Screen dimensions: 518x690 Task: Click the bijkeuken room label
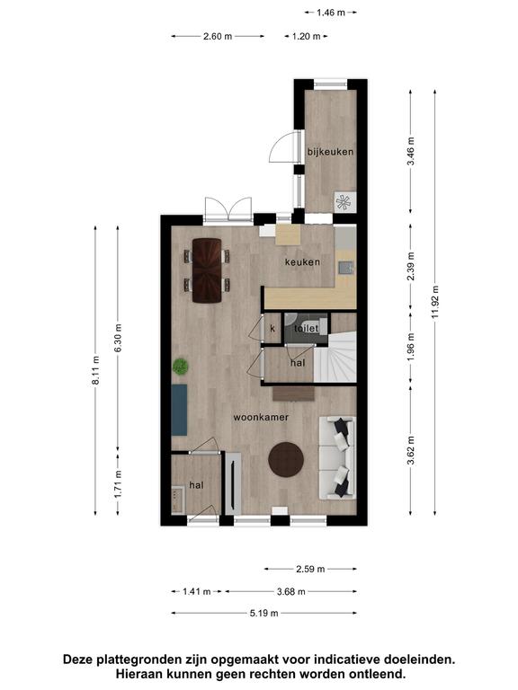coord(330,152)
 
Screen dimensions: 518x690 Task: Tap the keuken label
coord(302,262)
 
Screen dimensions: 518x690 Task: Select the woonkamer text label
coord(261,417)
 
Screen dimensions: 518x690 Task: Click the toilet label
coord(306,328)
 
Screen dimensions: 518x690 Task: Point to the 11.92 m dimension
coord(435,302)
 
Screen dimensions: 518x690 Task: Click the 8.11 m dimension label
coord(95,370)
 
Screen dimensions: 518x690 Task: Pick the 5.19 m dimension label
coord(264,613)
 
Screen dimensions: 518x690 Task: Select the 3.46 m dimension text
coord(410,151)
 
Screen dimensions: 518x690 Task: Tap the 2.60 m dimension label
coord(218,37)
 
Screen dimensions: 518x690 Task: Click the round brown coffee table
coord(286,459)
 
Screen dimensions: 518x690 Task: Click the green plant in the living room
coord(181,367)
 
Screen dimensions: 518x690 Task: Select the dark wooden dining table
coord(207,270)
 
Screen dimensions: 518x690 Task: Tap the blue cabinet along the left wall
coord(179,410)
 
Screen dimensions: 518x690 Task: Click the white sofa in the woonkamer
coord(337,457)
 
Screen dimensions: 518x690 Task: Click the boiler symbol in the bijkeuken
coord(344,202)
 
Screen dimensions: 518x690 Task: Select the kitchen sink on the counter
coord(344,267)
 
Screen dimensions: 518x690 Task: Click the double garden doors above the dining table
coord(228,209)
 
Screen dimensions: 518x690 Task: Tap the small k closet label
coord(272,328)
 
